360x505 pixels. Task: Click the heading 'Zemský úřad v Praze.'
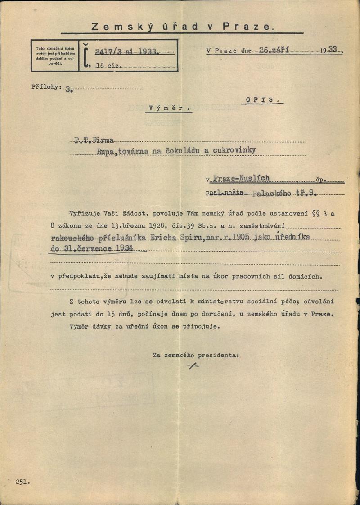point(182,27)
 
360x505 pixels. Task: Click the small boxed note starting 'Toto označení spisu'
point(55,55)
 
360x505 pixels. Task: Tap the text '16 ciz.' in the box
point(108,66)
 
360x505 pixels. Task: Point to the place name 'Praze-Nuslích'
point(241,178)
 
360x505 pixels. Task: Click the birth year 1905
point(242,238)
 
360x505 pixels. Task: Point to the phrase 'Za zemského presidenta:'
point(196,355)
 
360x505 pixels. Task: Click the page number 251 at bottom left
point(22,482)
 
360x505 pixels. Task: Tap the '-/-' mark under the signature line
point(193,366)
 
